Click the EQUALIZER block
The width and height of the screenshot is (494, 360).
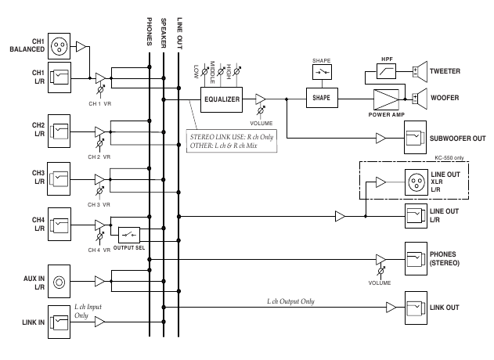[222, 99]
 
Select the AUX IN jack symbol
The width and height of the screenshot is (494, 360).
[59, 279]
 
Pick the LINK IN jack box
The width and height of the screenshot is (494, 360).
[59, 320]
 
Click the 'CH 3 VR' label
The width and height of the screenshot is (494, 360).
[99, 204]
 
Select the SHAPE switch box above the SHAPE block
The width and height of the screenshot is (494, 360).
[322, 72]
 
